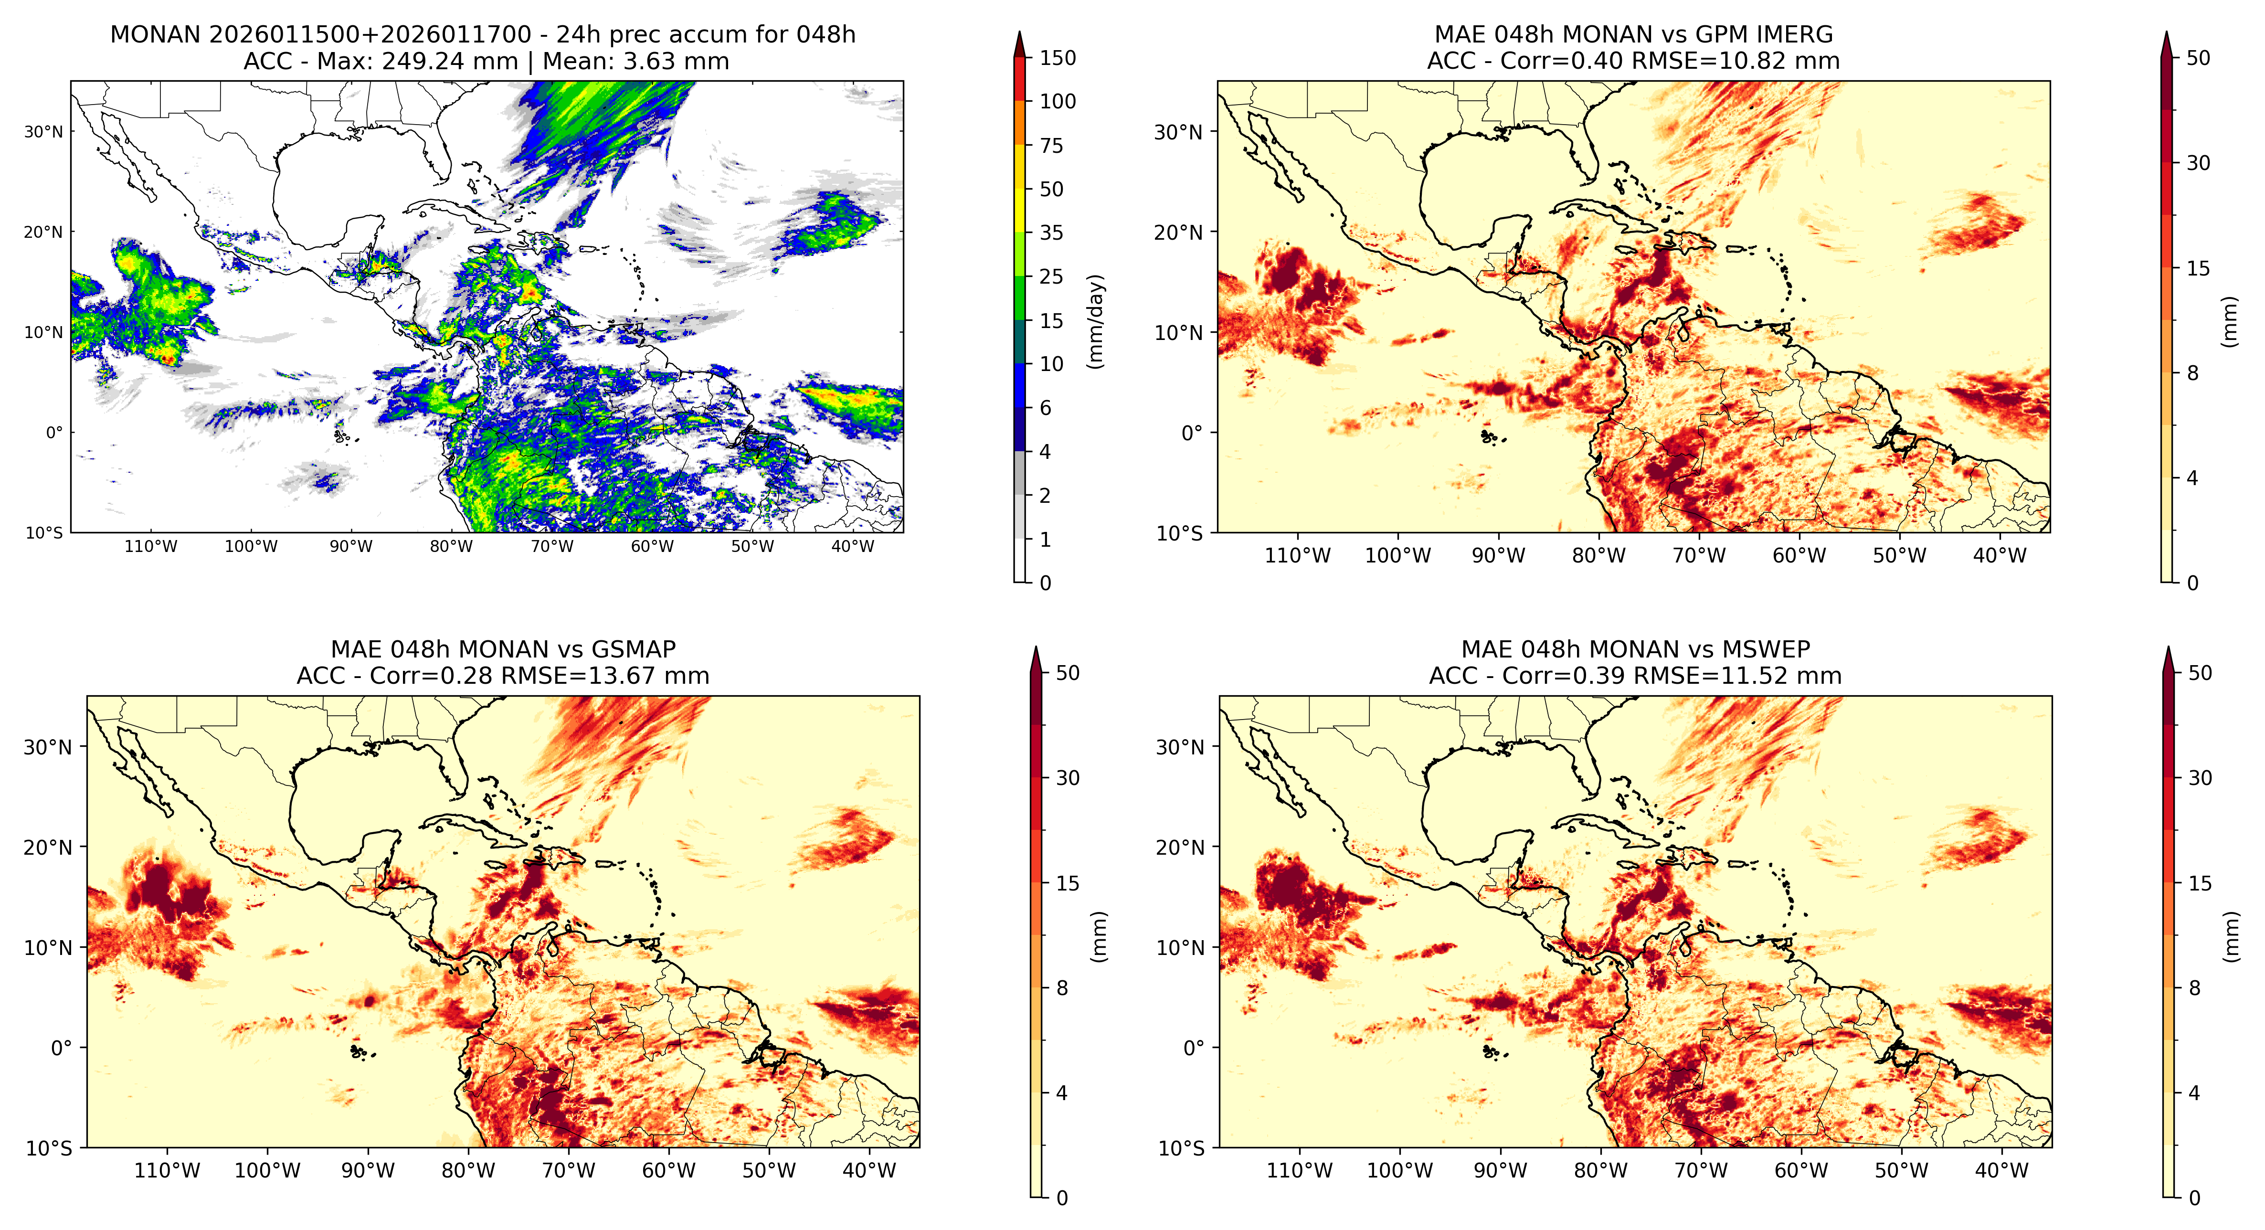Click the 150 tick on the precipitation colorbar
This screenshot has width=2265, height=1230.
[1058, 58]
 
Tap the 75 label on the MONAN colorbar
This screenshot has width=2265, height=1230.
[1052, 146]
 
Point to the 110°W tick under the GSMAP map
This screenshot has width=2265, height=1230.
[167, 1170]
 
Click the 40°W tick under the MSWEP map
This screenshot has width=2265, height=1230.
[2001, 1170]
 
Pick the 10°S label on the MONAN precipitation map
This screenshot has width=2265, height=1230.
[44, 533]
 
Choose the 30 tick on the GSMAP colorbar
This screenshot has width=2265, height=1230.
[1068, 778]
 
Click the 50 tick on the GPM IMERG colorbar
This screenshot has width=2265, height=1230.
[2198, 58]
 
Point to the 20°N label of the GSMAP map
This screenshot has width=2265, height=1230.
[47, 848]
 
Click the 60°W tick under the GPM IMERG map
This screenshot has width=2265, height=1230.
[1799, 556]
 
